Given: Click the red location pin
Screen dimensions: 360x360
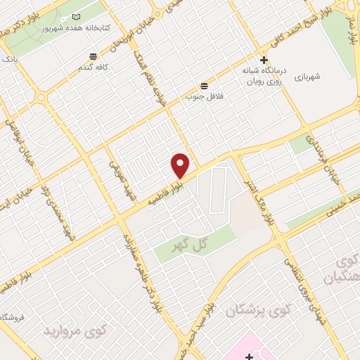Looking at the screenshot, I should (x=181, y=165).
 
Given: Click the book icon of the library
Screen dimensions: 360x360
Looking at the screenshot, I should (x=77, y=16).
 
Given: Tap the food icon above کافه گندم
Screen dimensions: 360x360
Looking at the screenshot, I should (x=92, y=56).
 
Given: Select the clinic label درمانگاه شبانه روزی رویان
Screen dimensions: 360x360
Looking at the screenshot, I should (x=264, y=76).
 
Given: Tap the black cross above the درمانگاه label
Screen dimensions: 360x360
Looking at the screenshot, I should (x=264, y=60).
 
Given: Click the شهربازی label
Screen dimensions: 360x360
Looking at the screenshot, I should (x=307, y=77).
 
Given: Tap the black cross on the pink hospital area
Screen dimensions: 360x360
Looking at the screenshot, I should (x=248, y=356).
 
